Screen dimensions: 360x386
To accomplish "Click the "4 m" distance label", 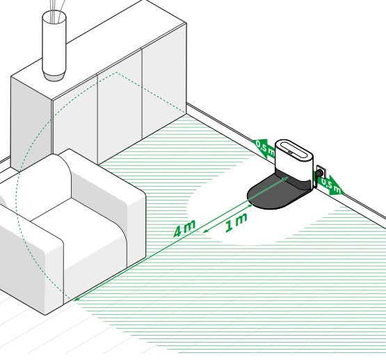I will click(x=184, y=229).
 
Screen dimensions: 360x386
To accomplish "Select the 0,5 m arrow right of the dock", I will click(x=330, y=185).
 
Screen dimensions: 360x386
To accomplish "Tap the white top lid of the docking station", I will click(x=293, y=150).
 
